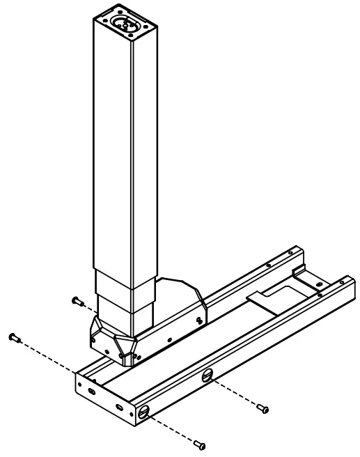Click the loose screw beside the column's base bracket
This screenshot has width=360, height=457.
click(x=77, y=301)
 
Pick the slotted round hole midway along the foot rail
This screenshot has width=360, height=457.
click(x=206, y=376)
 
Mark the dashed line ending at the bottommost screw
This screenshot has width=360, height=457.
click(x=171, y=428)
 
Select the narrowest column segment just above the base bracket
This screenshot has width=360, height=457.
click(x=125, y=307)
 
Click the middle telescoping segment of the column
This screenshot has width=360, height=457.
click(x=125, y=282)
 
